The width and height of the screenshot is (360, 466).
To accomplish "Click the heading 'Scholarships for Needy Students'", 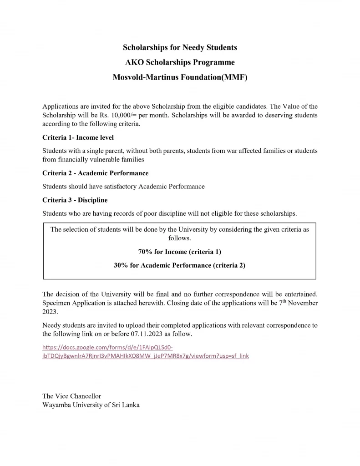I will (180, 47).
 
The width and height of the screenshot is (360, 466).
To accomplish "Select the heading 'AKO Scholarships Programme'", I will (180, 62).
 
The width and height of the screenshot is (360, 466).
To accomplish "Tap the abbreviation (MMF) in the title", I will (234, 77).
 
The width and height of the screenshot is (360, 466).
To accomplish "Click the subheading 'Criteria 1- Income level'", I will (78, 137).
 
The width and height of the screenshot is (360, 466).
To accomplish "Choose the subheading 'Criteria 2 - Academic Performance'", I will (95, 173).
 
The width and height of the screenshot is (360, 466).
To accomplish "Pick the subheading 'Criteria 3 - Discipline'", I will (75, 200).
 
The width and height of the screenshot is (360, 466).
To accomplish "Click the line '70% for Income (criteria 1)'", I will (180, 252).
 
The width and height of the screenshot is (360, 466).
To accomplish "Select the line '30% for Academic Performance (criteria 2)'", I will (180, 265).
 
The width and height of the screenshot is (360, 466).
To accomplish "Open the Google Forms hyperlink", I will (146, 352).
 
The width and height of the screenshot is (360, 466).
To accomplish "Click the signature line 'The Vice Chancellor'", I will (71, 396).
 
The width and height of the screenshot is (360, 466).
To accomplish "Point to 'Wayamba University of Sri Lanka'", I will (91, 405).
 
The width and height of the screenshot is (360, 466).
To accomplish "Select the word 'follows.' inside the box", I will (180, 238).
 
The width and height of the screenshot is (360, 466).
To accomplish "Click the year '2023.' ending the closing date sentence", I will (51, 312).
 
